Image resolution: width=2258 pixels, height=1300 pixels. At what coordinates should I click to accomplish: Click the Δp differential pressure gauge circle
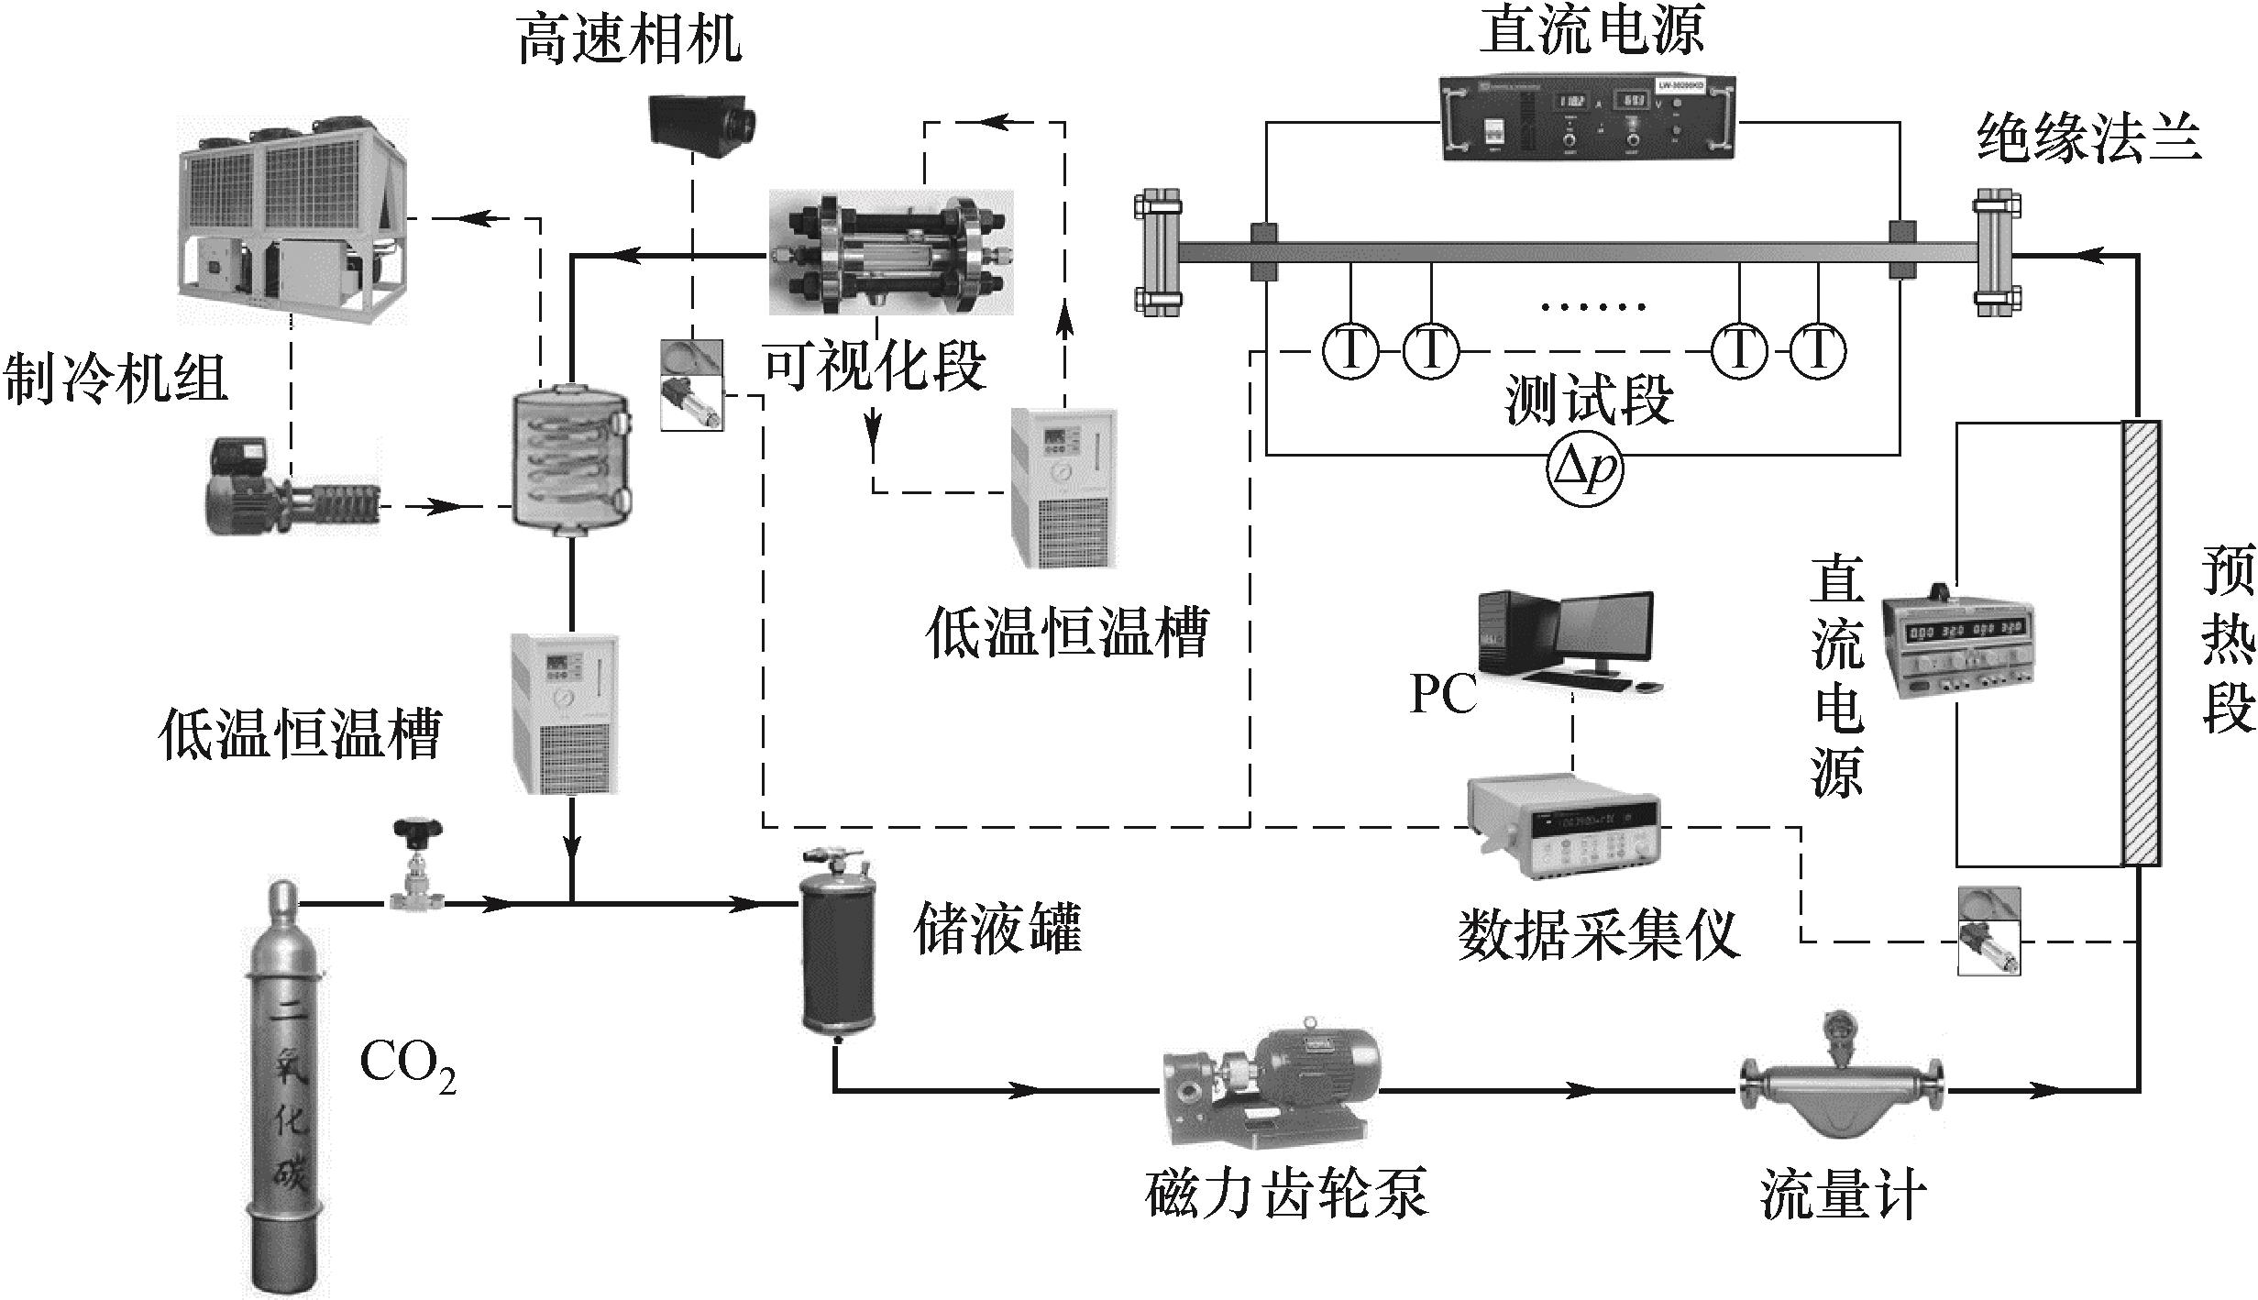[x=1584, y=468]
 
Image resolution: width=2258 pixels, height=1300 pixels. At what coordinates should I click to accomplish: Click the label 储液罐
[x=998, y=928]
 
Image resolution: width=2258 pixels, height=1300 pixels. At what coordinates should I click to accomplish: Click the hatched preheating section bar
[x=2142, y=643]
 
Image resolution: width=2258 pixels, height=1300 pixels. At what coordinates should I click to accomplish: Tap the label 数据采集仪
[x=1598, y=935]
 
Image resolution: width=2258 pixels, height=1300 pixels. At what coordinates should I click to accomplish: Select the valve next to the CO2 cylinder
[x=417, y=866]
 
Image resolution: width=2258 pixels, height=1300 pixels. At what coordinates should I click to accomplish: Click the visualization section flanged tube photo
[x=890, y=252]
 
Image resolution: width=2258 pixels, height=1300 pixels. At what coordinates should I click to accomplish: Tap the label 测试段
[x=1590, y=401]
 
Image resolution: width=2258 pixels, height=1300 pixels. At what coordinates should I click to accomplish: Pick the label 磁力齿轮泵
[x=1286, y=1194]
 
